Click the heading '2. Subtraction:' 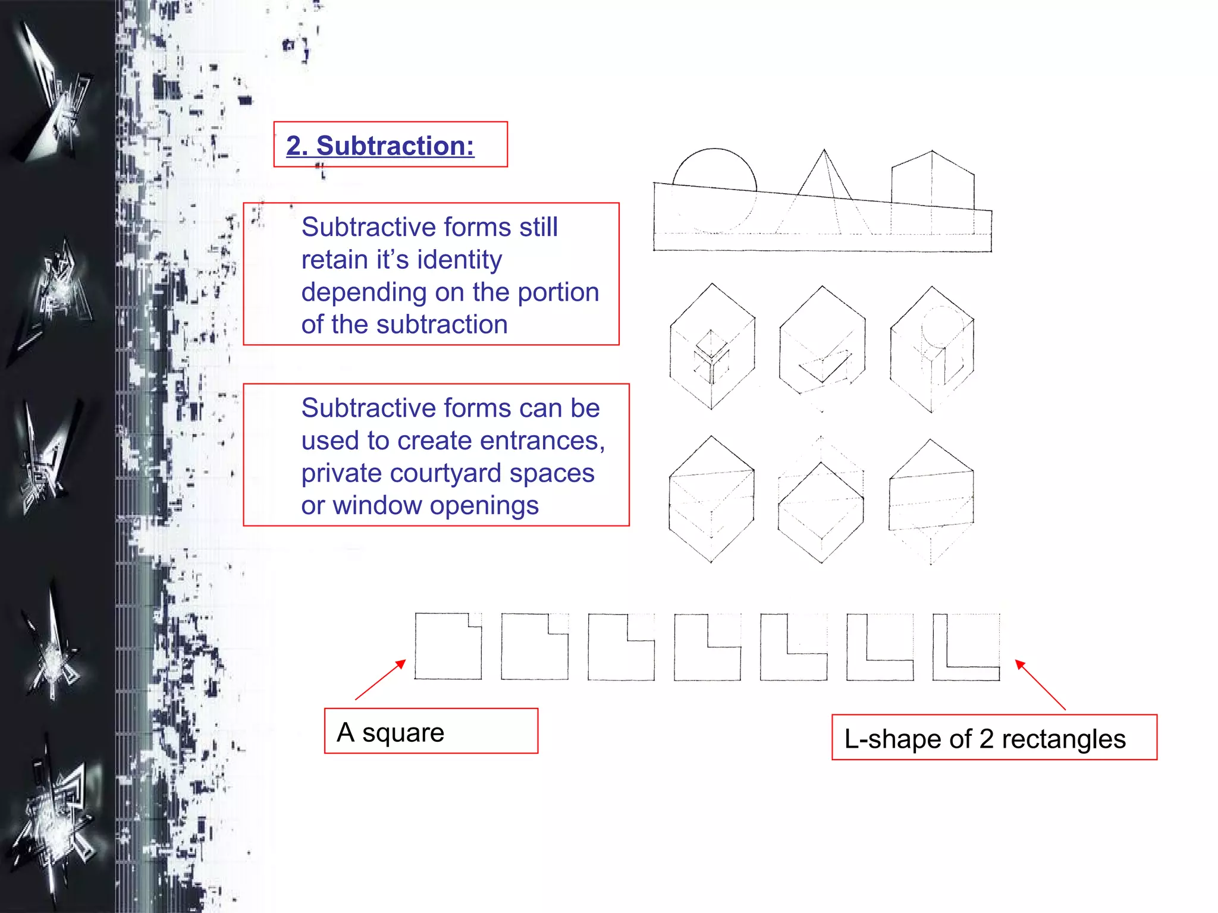[x=380, y=146]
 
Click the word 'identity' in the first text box [x=460, y=260]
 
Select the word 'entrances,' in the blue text [x=542, y=441]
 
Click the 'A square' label [x=390, y=732]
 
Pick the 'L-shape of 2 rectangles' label [x=985, y=739]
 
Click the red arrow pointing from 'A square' [x=381, y=679]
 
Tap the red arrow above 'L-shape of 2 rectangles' [x=1040, y=685]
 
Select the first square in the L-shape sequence [x=448, y=647]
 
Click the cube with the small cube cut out [x=712, y=347]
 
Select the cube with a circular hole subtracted [x=932, y=349]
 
